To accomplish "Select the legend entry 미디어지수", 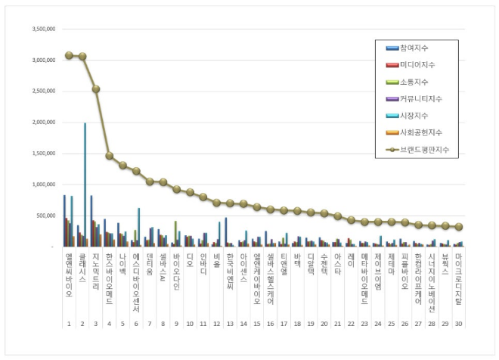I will click(417, 66).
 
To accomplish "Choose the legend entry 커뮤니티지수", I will click(419, 99).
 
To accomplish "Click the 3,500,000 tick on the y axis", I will click(42, 29).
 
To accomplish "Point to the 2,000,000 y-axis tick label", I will click(42, 122).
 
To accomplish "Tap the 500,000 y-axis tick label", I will click(45, 216).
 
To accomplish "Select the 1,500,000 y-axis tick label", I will click(42, 153).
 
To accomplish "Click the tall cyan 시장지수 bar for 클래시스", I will click(85, 185).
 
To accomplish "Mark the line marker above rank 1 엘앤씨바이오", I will click(69, 55).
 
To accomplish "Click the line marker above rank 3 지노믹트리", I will click(96, 88).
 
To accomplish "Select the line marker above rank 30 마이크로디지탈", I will click(459, 227).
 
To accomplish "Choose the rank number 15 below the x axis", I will click(256, 323).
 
